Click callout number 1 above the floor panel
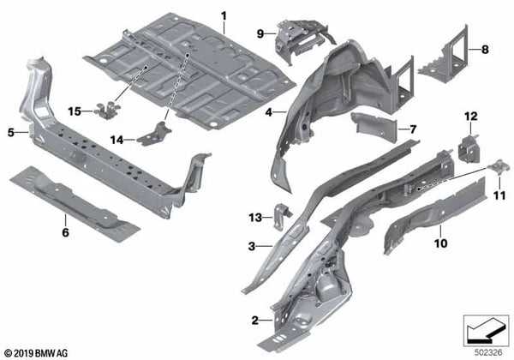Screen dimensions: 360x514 (224, 16)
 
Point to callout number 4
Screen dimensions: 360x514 (268, 111)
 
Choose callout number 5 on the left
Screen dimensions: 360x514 (11, 132)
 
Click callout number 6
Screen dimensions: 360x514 (65, 231)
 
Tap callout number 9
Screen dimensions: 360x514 (260, 33)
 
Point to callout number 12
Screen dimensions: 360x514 (469, 116)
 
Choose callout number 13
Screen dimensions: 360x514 (255, 215)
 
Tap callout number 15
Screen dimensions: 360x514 (75, 111)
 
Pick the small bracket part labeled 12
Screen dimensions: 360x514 (469, 145)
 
